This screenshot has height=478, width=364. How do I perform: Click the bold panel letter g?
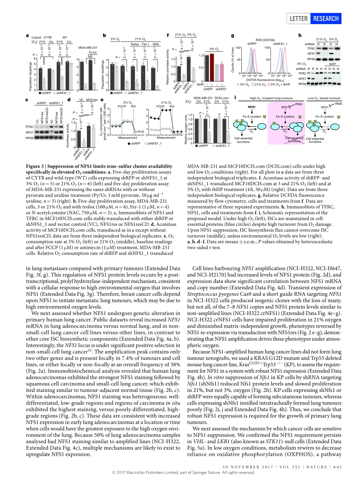[233, 36]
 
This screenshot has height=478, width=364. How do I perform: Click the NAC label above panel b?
[156, 44]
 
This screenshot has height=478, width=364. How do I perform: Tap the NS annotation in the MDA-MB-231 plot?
[90, 56]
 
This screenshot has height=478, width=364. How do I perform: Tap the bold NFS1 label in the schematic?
[251, 107]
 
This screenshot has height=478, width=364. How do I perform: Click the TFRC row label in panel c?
[29, 126]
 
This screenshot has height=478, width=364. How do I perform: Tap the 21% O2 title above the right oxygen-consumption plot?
[166, 102]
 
